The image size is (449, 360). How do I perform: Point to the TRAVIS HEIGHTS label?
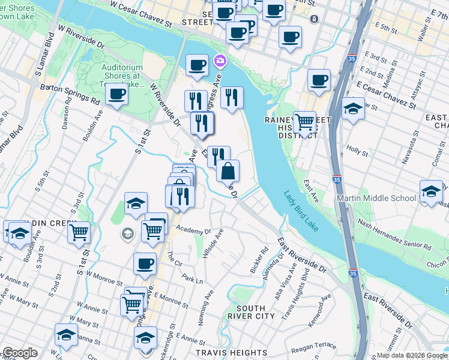(232, 353)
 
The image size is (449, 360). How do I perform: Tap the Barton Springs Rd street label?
(70, 95)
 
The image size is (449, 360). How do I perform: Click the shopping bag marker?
(228, 171)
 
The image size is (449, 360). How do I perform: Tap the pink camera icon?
(219, 61)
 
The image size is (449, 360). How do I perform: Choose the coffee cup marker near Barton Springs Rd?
(116, 94)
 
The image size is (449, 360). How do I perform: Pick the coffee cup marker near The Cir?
(145, 263)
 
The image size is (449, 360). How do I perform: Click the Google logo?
(20, 353)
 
